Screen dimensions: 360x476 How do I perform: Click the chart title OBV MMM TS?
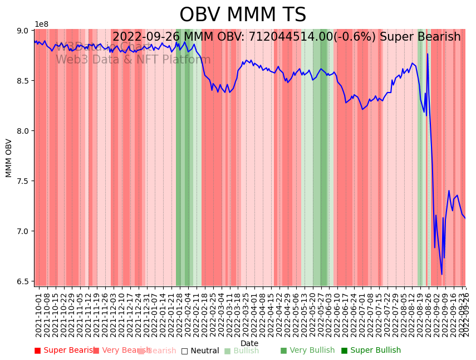[x=243, y=15]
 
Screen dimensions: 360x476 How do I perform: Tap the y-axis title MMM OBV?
[x=9, y=158]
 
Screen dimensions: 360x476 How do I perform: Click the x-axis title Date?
[x=249, y=343]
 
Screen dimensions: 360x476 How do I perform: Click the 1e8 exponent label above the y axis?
[x=42, y=24]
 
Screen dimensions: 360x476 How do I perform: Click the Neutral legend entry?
[x=200, y=351]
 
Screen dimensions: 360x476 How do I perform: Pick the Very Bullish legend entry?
[x=307, y=351]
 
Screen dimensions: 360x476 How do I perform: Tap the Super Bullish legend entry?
[x=371, y=351]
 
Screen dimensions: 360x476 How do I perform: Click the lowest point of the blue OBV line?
[x=441, y=274]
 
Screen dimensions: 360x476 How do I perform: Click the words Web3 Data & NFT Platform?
[x=133, y=60]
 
